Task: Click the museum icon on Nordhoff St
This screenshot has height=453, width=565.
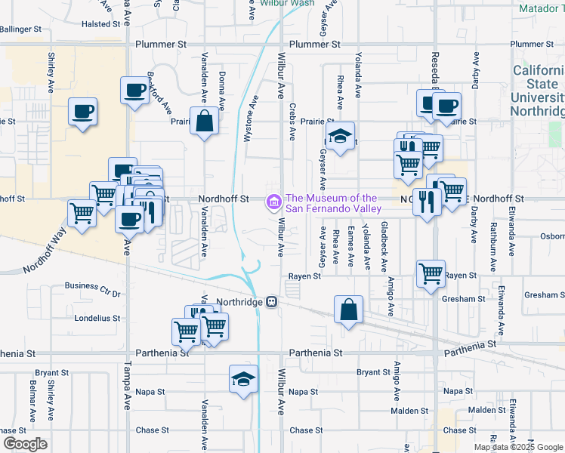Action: (273, 202)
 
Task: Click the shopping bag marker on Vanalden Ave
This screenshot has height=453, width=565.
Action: (205, 121)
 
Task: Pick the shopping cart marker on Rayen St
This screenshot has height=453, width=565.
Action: (431, 273)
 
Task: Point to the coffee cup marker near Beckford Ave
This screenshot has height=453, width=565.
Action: (135, 91)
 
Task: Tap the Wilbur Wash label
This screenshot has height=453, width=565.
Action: (287, 3)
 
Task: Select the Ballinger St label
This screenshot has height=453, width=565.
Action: (20, 29)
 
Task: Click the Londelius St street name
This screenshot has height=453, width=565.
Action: (97, 318)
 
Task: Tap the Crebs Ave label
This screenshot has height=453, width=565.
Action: (292, 120)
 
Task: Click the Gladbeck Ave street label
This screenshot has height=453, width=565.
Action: (384, 247)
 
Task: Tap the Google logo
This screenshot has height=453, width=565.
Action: (25, 444)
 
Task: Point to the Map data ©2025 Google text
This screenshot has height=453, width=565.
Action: (517, 447)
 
